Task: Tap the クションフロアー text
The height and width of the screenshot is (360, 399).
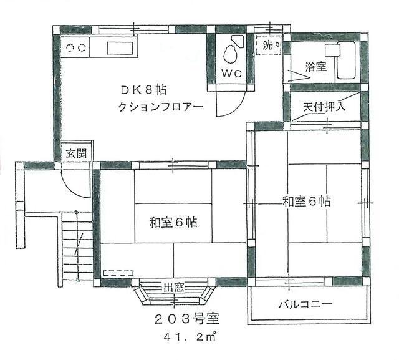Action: point(161,106)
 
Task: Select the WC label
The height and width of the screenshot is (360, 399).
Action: point(232,72)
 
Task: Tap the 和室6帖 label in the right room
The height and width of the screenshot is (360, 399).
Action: point(306,201)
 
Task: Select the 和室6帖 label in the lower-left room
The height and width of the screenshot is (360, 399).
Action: point(172,222)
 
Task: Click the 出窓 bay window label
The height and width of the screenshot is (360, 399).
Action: point(173,288)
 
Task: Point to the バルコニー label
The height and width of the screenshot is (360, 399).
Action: point(305,304)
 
